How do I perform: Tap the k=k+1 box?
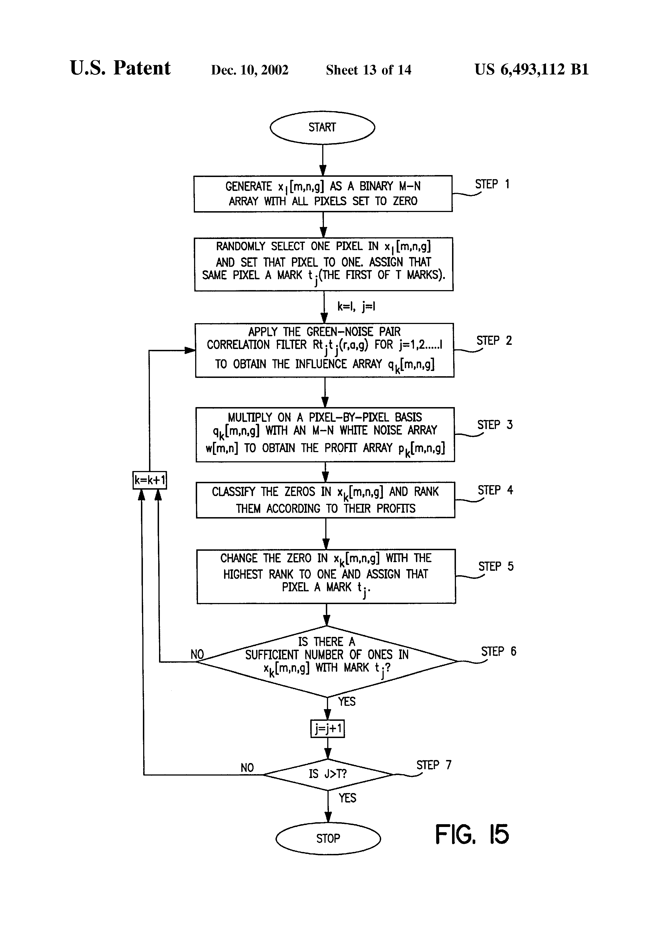150,480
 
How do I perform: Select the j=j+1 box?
328,728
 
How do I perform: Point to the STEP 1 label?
492,184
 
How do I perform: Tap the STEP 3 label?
495,425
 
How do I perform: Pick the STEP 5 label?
496,566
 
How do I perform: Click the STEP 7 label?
434,765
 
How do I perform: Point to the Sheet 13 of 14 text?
369,70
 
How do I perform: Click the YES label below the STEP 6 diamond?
347,702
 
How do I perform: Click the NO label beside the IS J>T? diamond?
247,768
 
